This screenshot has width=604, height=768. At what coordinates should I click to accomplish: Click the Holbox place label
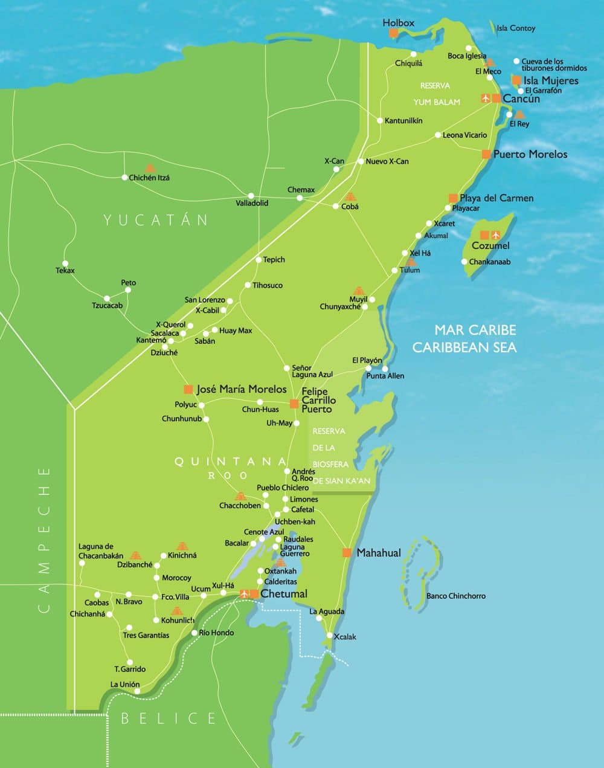tap(399, 23)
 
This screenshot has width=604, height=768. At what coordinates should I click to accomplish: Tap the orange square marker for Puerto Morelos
tap(486, 154)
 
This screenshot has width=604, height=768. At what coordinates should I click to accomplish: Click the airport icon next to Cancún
tap(486, 98)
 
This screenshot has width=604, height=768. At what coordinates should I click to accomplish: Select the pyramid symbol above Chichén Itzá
tap(149, 168)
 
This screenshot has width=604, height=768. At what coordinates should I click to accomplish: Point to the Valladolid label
tap(252, 203)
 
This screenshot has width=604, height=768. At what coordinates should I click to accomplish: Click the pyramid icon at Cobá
tap(350, 197)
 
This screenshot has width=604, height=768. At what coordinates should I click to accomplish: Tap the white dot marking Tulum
tap(395, 271)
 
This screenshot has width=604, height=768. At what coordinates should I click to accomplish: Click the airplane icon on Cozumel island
tap(496, 235)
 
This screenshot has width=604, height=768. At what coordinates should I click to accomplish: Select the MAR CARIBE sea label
tap(475, 330)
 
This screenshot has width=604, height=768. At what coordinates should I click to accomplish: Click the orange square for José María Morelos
tap(188, 389)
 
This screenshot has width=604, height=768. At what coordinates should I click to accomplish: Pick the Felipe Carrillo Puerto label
tap(318, 400)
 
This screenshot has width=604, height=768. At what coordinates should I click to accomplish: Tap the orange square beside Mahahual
tap(347, 553)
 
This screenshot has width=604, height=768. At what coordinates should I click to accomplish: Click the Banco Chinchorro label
tap(455, 596)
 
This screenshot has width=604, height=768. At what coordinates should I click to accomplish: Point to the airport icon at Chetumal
tap(245, 594)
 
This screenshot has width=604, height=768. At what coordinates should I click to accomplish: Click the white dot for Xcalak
tap(329, 635)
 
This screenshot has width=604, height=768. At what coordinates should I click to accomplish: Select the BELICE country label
tap(169, 718)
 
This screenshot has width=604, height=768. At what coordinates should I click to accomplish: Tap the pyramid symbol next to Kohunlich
tap(176, 611)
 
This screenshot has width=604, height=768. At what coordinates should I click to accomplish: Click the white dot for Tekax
tap(65, 262)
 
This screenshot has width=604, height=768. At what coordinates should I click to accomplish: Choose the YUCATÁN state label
tap(156, 219)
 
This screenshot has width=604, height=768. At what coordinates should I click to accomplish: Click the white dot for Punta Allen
tap(384, 368)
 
